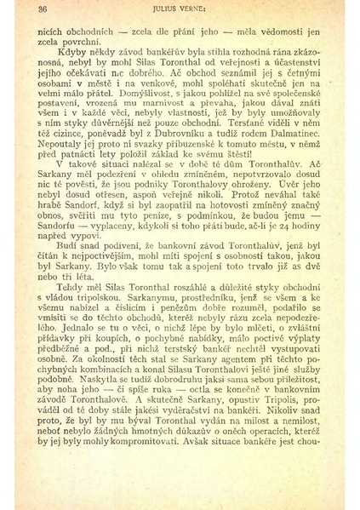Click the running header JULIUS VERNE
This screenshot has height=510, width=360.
(x=181, y=10)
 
